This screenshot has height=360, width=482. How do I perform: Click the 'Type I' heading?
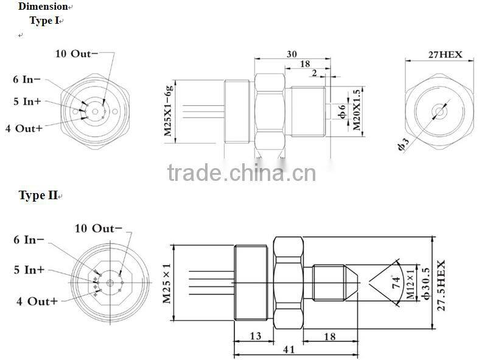tap(45, 20)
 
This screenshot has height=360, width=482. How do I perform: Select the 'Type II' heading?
tap(39, 196)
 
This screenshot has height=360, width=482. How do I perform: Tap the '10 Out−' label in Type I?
tap(77, 53)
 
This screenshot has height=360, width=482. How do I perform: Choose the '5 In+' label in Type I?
tap(27, 102)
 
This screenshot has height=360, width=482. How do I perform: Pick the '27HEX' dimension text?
tap(445, 54)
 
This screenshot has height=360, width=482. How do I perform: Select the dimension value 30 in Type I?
tap(292, 54)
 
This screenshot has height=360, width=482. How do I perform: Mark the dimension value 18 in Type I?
tap(305, 64)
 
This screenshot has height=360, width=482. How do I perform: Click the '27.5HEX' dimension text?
tap(441, 286)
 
